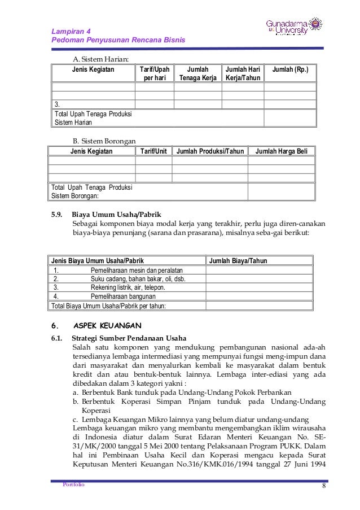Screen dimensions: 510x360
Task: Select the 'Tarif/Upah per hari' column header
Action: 154,73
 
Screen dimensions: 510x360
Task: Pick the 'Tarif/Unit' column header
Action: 153,151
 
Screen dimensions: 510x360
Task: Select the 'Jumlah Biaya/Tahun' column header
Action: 238,261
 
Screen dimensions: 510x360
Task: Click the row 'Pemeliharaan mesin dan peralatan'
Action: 137,270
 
